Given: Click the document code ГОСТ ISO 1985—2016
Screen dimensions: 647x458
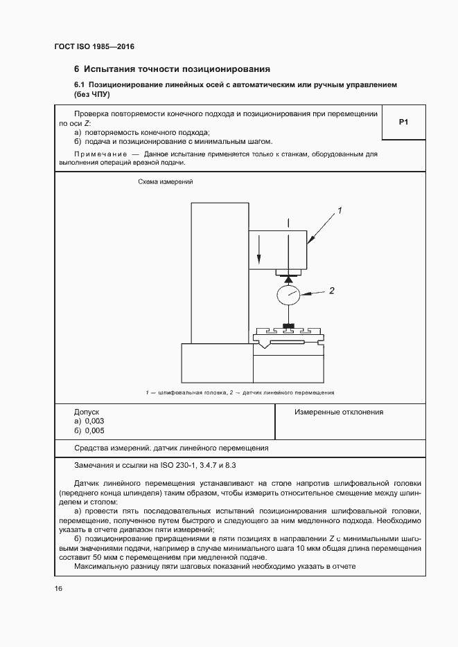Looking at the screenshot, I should coord(94,46).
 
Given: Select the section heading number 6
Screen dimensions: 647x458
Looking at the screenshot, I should coord(77,69).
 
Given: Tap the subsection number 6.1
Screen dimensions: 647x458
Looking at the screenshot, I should coord(80,84).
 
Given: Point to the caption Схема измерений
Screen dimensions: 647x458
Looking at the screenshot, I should coord(165,181).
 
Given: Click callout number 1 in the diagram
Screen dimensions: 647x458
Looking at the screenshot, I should coord(340,209).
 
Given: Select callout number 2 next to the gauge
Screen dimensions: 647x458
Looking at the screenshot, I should coord(331,291).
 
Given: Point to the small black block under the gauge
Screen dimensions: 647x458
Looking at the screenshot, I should coord(288,326).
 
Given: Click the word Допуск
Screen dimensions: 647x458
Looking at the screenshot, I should coord(87,411).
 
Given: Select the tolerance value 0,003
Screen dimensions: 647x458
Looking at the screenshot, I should coord(94,421).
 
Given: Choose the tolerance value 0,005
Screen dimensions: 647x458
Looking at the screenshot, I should coord(94,430).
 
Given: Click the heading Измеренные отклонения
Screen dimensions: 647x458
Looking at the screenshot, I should coord(338,412).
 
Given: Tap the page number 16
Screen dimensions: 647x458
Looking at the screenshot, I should coord(59,588).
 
